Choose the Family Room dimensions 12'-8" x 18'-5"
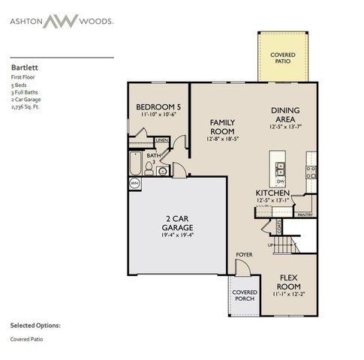pyautogui.click(x=222, y=139)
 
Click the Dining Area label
pyautogui.click(x=287, y=114)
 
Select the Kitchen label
pyautogui.click(x=273, y=192)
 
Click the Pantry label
pyautogui.click(x=305, y=214)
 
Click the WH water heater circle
pyautogui.click(x=135, y=182)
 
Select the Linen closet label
pyautogui.click(x=161, y=140)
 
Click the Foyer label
pyautogui.click(x=243, y=255)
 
